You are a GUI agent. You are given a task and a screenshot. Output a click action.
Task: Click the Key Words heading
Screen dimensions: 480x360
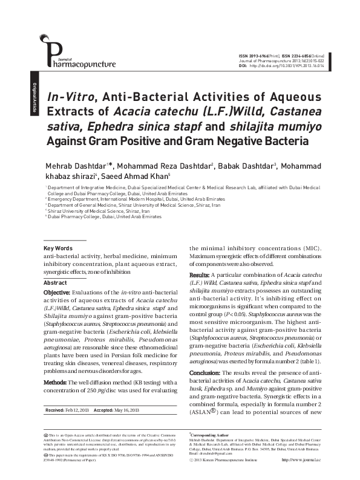pos(58,248)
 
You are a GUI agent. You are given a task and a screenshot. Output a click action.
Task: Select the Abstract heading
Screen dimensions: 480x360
pos(55,282)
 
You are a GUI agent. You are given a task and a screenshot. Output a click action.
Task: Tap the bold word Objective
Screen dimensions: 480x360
pos(57,292)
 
